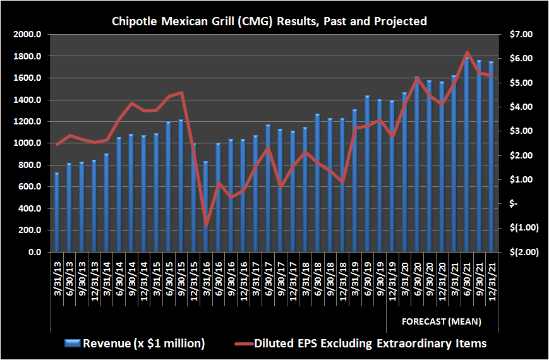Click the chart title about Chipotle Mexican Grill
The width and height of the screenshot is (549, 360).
pyautogui.click(x=269, y=21)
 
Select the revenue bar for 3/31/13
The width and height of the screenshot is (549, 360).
pyautogui.click(x=57, y=212)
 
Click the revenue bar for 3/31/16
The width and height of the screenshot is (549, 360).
pyautogui.click(x=206, y=207)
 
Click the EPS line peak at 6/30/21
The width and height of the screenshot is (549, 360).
pyautogui.click(x=467, y=52)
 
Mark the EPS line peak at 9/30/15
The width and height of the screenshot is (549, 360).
pyautogui.click(x=181, y=93)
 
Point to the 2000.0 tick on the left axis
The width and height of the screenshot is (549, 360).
pyautogui.click(x=28, y=35)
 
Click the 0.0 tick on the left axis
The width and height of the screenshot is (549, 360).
pyautogui.click(x=34, y=253)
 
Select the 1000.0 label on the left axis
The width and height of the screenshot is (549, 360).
pyautogui.click(x=28, y=143)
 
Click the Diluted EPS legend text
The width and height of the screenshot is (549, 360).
pyautogui.click(x=370, y=344)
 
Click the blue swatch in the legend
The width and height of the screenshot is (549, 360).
pyautogui.click(x=73, y=344)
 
